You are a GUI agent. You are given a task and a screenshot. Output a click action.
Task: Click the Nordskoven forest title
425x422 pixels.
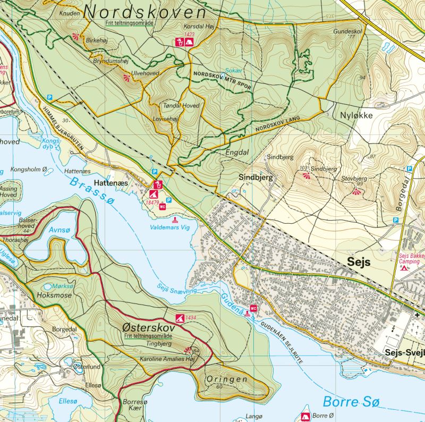(x=145, y=12)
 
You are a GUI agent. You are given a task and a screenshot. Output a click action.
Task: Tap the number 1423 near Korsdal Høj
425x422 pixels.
(x=189, y=35)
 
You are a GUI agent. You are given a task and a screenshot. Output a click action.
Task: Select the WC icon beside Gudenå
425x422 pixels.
(x=253, y=308)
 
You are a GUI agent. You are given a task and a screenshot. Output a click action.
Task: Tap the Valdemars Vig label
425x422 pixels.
(x=175, y=227)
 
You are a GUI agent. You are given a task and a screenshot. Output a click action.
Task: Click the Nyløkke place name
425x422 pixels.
(x=354, y=115)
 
